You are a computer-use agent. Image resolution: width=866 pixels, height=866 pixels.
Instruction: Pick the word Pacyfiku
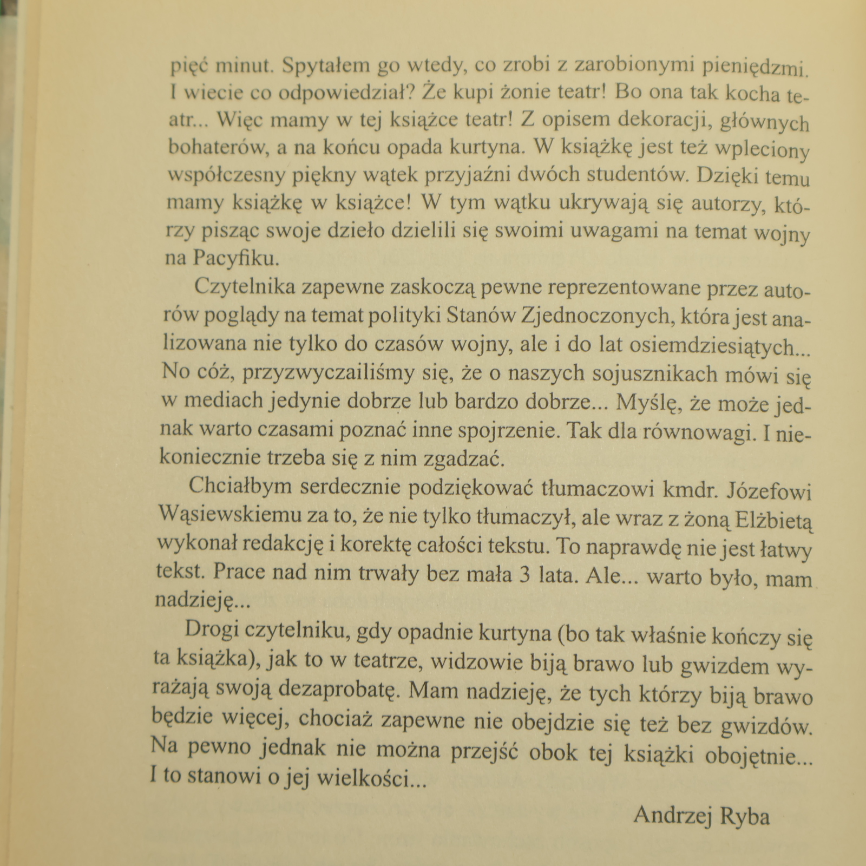(236, 259)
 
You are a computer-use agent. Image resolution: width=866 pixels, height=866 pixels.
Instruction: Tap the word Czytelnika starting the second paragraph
(244, 287)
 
